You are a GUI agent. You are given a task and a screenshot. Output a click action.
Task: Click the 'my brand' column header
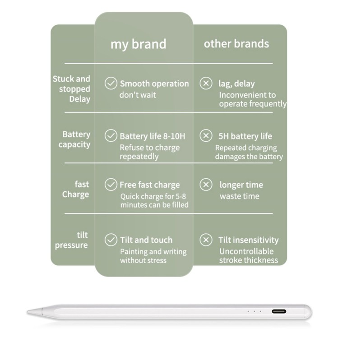139,44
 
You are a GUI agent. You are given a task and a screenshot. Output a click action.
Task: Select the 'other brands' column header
236,44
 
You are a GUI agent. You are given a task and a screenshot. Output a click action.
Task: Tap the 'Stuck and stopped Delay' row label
72,89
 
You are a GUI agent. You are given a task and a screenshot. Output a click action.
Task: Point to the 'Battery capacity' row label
76,139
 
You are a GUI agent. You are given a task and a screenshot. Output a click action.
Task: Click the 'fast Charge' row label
76,190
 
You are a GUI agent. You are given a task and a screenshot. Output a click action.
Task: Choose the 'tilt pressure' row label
72,240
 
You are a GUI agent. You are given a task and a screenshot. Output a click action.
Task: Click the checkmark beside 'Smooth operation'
111,83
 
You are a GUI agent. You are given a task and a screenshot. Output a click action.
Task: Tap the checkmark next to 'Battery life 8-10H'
111,136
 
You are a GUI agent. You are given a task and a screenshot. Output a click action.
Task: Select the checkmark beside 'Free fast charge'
111,185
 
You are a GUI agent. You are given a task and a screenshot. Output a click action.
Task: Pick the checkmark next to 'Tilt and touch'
111,240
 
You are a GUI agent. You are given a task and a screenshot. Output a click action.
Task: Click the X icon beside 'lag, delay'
206,83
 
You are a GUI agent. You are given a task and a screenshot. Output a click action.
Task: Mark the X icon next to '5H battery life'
206,136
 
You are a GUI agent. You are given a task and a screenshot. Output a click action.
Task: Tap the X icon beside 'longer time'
206,185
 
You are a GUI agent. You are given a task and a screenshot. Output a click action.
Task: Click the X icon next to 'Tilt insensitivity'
206,240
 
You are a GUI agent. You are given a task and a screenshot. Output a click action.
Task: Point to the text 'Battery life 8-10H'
152,136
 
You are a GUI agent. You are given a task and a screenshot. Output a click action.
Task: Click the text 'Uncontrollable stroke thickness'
248,256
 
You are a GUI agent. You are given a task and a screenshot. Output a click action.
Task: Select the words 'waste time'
239,196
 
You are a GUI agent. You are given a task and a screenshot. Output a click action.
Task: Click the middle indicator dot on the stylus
254,311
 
